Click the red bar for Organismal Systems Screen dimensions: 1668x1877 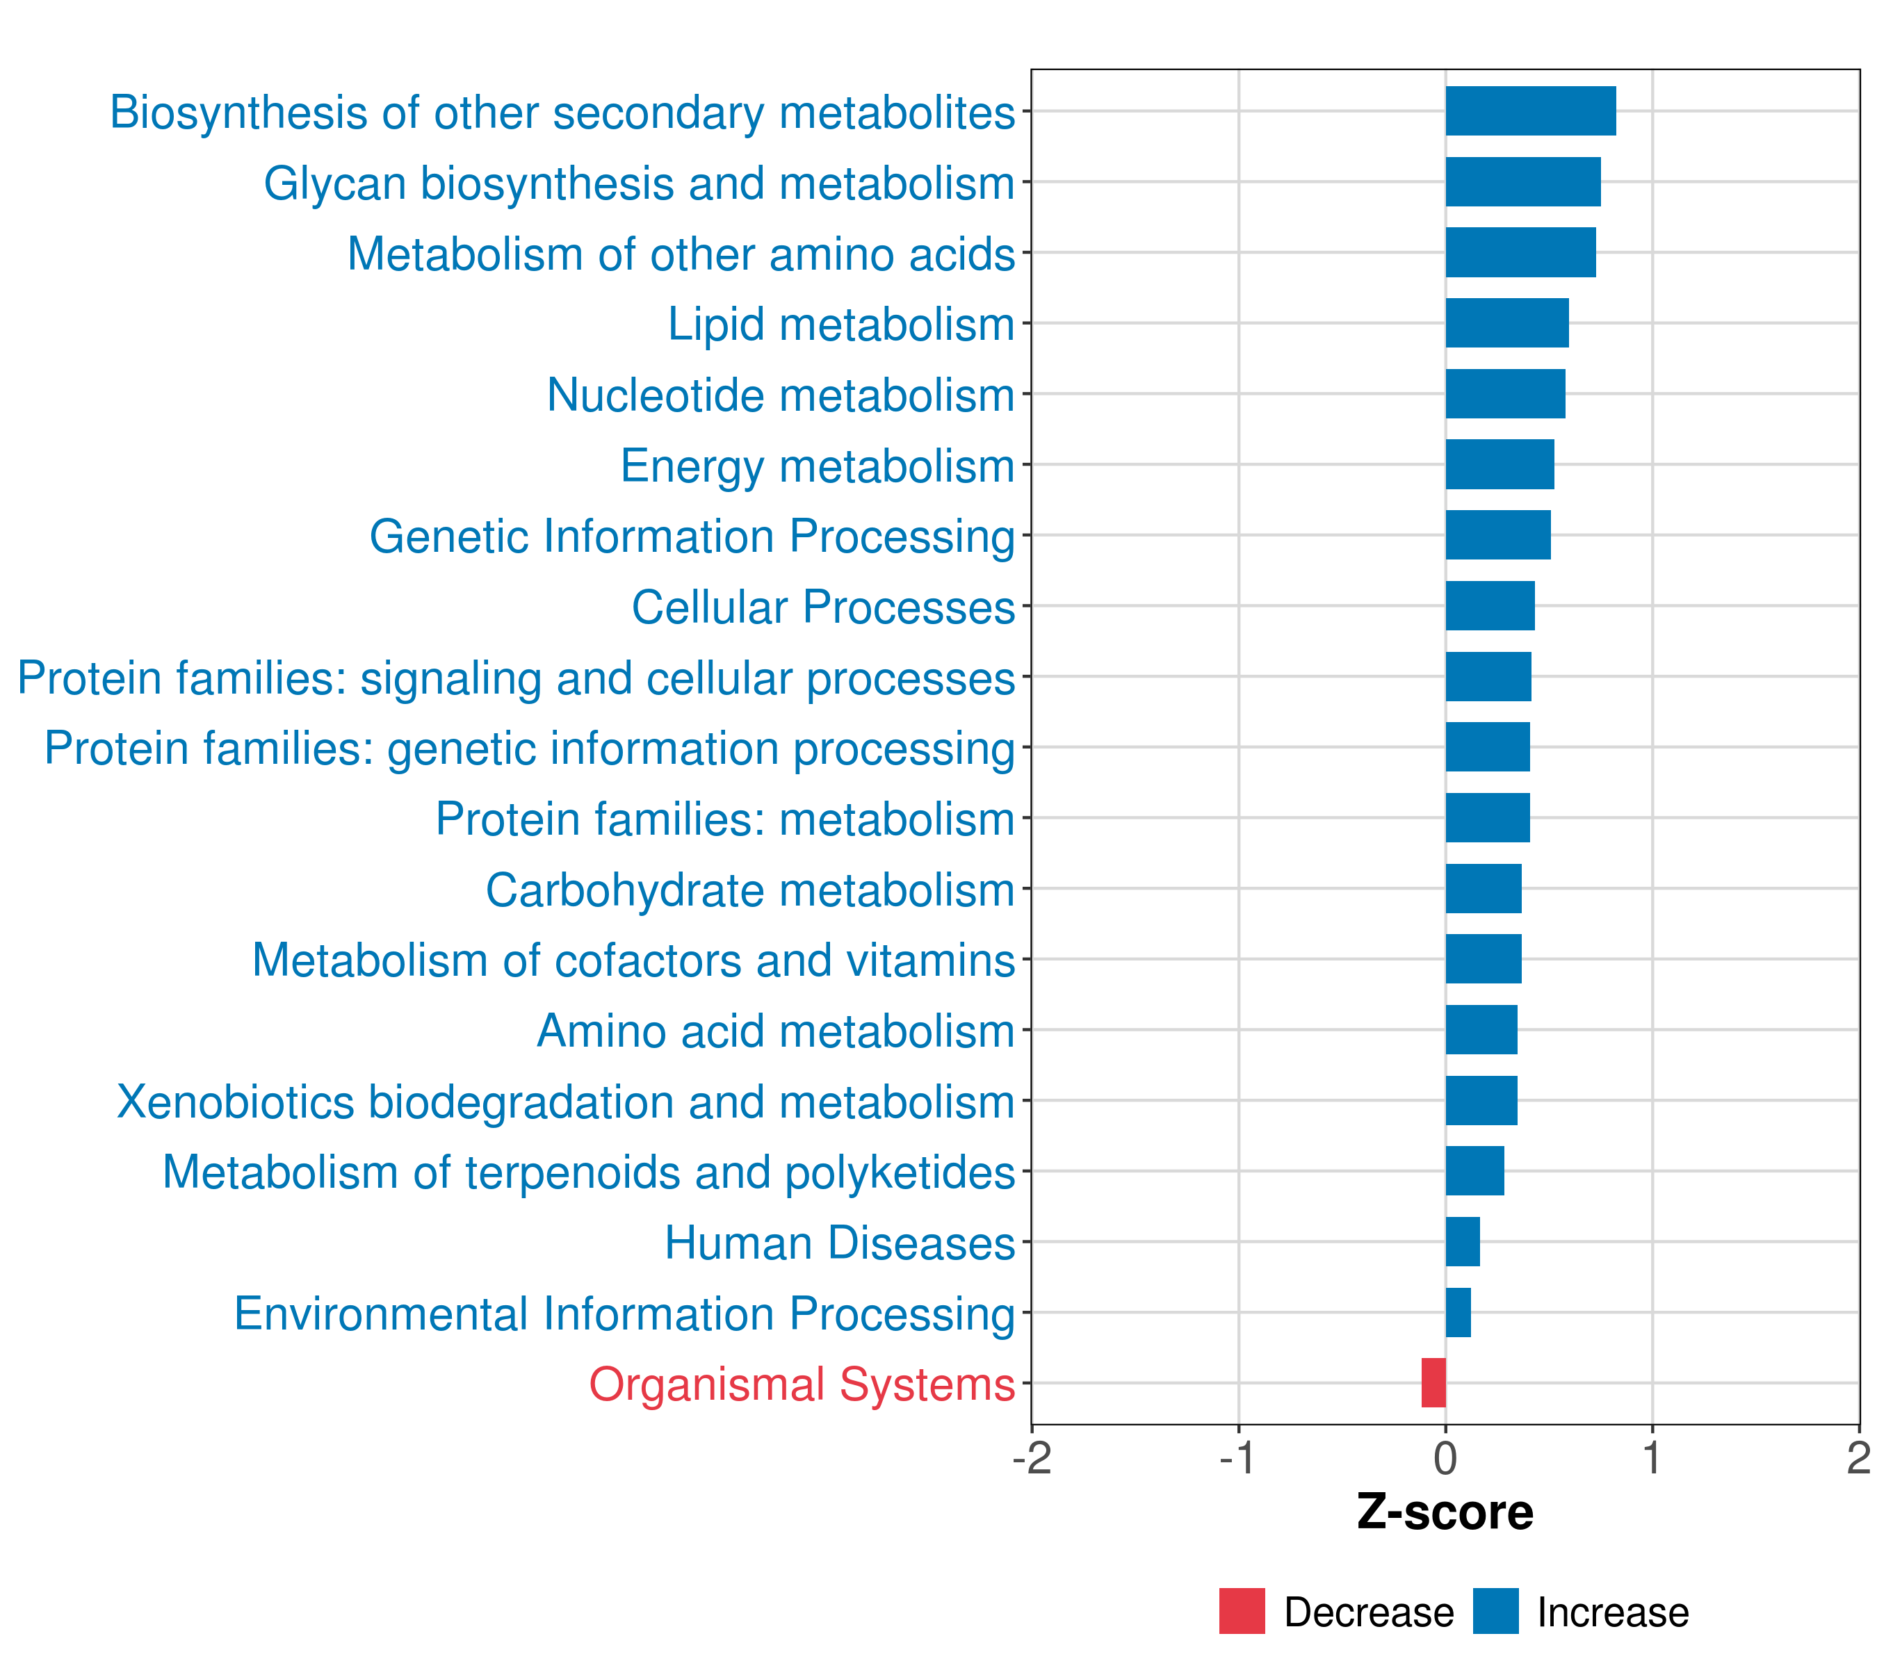1433,1382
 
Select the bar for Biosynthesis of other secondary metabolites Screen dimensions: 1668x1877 1530,111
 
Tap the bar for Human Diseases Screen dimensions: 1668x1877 1462,1241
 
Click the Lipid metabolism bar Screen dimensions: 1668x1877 1507,323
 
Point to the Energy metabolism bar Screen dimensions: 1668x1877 1500,464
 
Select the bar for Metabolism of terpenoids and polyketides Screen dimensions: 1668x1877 1474,1170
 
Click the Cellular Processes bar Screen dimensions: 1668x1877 1490,606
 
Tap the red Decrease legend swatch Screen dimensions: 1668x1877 1242,1611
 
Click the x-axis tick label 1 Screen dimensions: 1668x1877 1652,1458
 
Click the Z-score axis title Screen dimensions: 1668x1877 1445,1513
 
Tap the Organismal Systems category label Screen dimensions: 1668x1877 802,1384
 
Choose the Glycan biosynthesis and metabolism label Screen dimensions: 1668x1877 639,183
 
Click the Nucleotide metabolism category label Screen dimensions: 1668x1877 781,395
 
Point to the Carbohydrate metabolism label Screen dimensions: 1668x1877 749,890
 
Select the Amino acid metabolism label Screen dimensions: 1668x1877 775,1031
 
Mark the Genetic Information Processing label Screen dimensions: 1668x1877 692,537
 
